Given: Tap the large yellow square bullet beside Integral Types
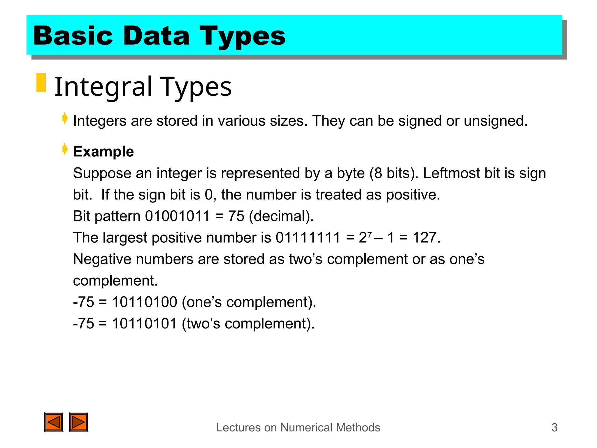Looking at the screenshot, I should (x=41, y=83).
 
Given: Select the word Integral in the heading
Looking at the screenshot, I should (x=103, y=87).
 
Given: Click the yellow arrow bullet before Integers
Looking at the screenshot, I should (x=65, y=119).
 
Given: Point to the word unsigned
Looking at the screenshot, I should (x=495, y=121).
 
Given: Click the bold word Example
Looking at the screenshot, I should (x=103, y=151).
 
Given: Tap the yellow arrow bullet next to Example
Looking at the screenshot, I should (x=65, y=149).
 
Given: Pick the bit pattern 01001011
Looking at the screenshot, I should (x=177, y=216).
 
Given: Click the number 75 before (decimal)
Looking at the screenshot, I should (x=236, y=216).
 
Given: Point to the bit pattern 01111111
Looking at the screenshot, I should (x=308, y=237).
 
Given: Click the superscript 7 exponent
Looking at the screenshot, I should (x=370, y=234).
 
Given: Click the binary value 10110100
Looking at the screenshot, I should (x=145, y=302).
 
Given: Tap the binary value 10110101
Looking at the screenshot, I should (x=145, y=323).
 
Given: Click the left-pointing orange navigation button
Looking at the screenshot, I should (x=54, y=422).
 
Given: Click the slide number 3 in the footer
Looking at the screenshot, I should (x=554, y=428).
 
